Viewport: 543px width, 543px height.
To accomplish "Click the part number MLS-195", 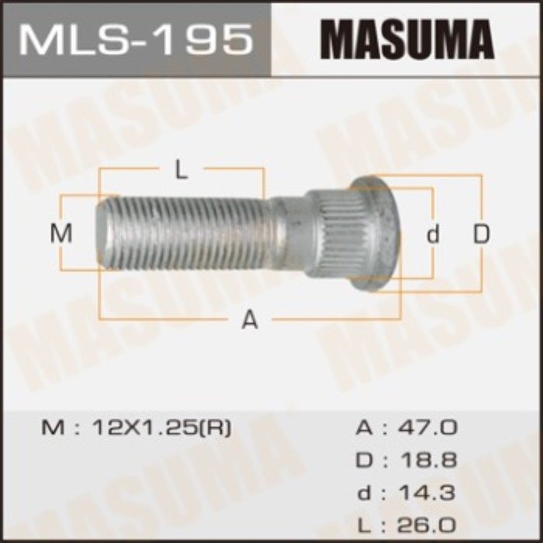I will (136, 38).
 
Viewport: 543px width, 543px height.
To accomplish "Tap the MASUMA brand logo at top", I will (407, 38).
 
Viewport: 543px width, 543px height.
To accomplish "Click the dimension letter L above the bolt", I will (181, 171).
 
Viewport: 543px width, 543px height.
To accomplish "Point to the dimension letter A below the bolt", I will (249, 319).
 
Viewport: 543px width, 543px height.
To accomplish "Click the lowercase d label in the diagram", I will (434, 234).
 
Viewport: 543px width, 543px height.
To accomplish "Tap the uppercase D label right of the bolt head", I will (482, 233).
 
